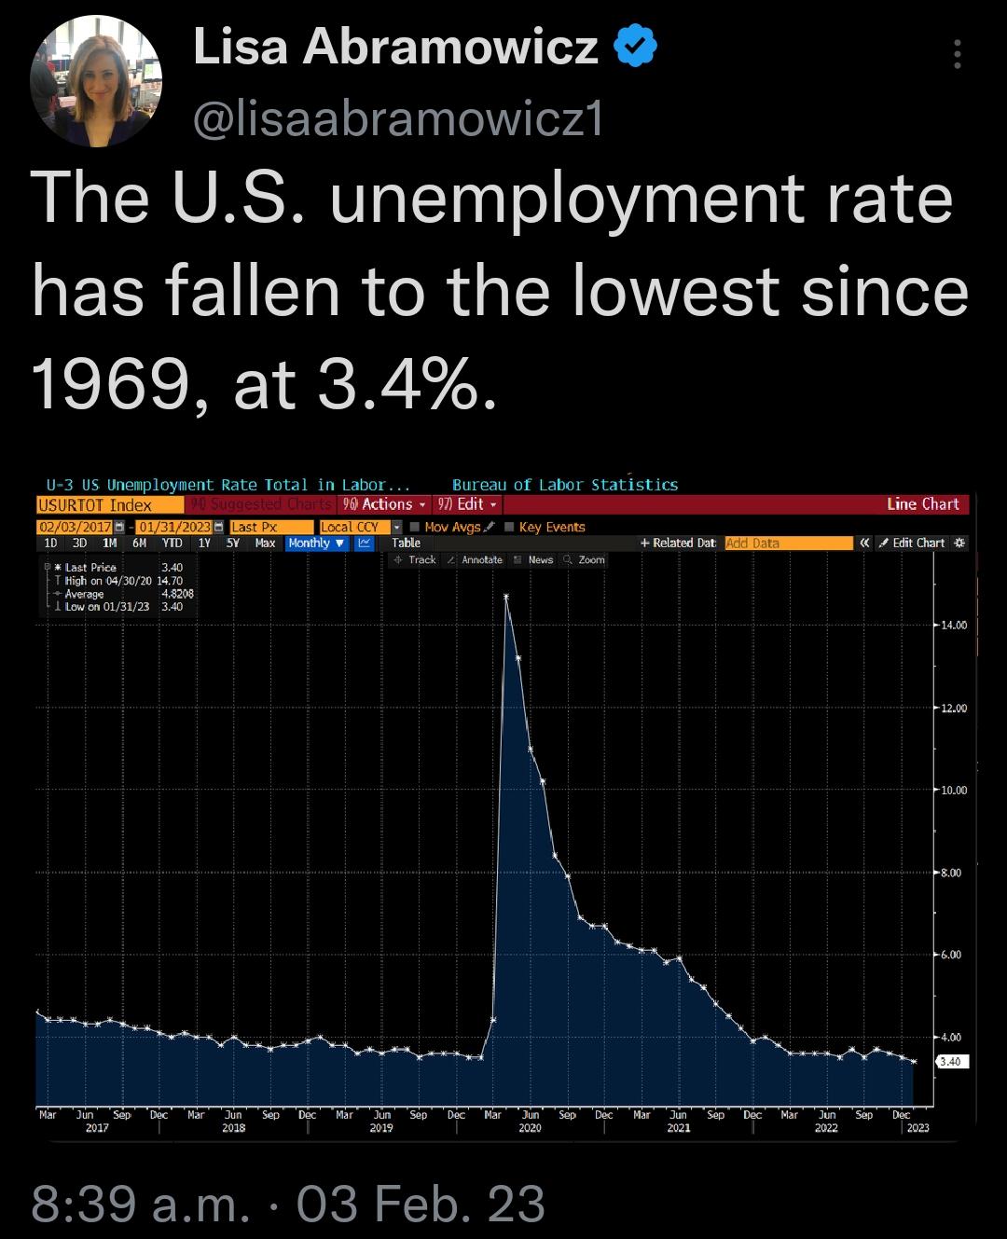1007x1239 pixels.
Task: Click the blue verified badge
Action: click(x=635, y=48)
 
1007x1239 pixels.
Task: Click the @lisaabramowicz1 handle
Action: click(x=398, y=119)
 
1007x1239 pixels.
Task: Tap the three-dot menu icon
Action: click(x=956, y=55)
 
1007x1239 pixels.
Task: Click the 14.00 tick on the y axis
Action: click(x=953, y=626)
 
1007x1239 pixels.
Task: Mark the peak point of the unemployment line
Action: click(x=505, y=597)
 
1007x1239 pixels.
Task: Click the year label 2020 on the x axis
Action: click(x=530, y=1128)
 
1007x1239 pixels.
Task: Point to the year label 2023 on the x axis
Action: click(x=917, y=1128)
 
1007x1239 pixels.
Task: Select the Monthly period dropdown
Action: click(x=316, y=543)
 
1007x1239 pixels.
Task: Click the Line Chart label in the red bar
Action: click(x=922, y=504)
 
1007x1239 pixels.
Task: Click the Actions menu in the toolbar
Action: click(x=385, y=504)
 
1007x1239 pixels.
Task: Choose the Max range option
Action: click(x=265, y=543)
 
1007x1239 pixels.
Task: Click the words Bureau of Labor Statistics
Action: click(x=565, y=485)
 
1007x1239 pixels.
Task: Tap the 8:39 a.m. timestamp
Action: click(x=140, y=1203)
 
